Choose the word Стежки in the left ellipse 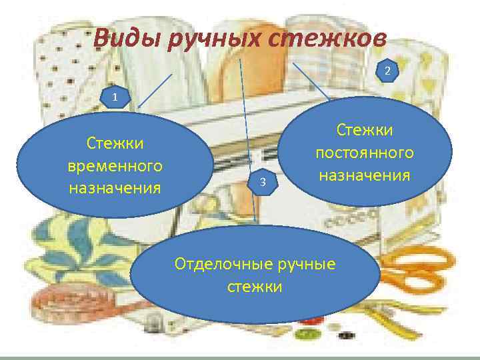115,143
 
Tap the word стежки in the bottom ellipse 255,287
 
